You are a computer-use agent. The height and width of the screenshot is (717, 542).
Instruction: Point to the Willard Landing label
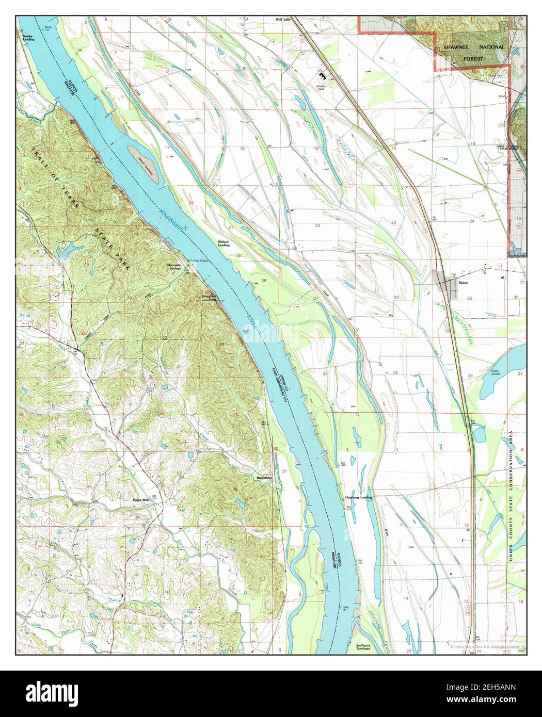223,243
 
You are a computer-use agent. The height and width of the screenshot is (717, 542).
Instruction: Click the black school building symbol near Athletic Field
313,75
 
